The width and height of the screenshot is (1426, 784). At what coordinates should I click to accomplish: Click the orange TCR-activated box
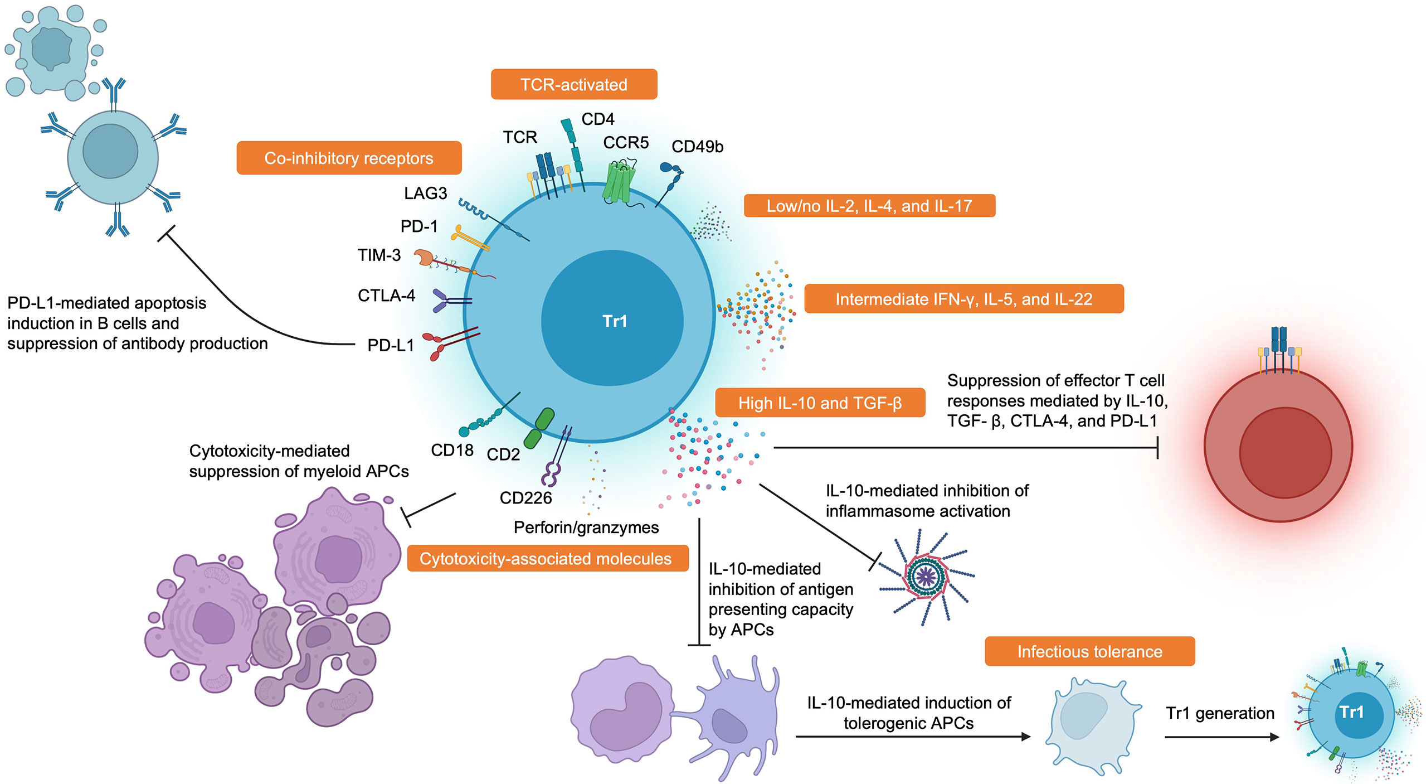pyautogui.click(x=573, y=84)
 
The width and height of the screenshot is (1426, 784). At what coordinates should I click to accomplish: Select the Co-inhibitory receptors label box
pyautogui.click(x=349, y=158)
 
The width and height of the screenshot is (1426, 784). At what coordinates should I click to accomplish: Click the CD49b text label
pyautogui.click(x=697, y=147)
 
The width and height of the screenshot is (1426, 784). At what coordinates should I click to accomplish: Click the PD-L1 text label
pyautogui.click(x=391, y=345)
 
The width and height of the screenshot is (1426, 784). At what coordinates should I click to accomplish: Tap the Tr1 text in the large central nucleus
pyautogui.click(x=615, y=321)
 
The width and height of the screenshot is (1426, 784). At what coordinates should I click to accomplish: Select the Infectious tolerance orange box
pyautogui.click(x=1089, y=651)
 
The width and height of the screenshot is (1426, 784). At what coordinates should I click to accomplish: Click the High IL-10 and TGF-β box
pyautogui.click(x=820, y=403)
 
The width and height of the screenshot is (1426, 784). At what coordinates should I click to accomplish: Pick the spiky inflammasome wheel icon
pyautogui.click(x=926, y=577)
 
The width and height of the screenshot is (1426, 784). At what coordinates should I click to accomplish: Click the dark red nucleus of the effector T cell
pyautogui.click(x=1285, y=452)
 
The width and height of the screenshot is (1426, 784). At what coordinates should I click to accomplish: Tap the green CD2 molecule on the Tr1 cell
pyautogui.click(x=539, y=428)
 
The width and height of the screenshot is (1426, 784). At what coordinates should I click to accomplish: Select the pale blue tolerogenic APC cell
pyautogui.click(x=1091, y=725)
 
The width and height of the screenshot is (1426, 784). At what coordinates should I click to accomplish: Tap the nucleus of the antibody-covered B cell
pyautogui.click(x=110, y=151)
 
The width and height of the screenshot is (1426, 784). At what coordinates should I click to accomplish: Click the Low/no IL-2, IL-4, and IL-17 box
pyautogui.click(x=869, y=206)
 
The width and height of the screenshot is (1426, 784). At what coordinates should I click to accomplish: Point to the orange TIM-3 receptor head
pyautogui.click(x=425, y=257)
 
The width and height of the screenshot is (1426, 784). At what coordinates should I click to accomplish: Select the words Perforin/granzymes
pyautogui.click(x=586, y=527)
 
